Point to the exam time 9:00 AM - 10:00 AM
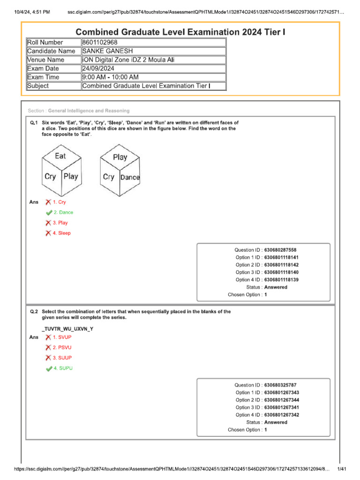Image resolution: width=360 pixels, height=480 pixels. (110, 77)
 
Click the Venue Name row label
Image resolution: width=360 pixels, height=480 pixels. (46, 60)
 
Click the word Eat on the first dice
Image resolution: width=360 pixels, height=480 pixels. (60, 156)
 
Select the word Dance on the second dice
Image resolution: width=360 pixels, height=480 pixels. (130, 177)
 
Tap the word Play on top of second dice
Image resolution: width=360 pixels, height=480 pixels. (120, 157)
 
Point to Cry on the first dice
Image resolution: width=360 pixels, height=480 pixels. (50, 177)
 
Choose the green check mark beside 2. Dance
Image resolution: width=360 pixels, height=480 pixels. (48, 212)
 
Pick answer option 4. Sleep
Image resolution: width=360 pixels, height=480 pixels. (61, 233)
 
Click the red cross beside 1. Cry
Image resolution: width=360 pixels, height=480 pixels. (48, 202)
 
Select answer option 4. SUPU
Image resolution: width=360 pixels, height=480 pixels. (63, 368)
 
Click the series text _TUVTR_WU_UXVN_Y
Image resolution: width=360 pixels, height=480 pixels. (67, 329)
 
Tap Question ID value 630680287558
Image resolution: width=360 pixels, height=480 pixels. (280, 250)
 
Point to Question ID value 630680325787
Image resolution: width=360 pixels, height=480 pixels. (280, 385)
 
